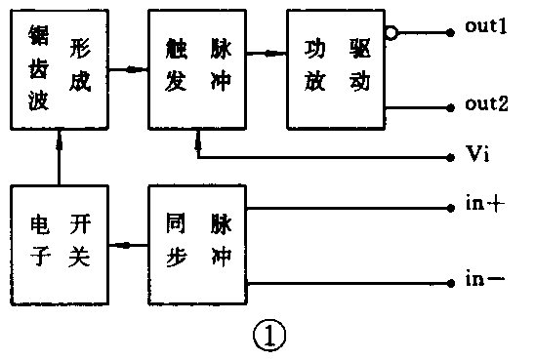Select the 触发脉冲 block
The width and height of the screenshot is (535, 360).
point(196,69)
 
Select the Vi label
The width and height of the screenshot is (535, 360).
point(479,156)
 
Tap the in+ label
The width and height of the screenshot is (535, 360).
point(483,207)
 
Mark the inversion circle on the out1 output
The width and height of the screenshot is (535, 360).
point(391,32)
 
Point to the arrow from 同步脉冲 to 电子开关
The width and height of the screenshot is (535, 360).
point(125,245)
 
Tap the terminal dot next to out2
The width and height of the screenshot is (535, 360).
point(450,107)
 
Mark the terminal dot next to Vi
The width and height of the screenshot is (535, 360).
point(450,156)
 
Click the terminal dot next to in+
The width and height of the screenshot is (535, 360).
point(450,207)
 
